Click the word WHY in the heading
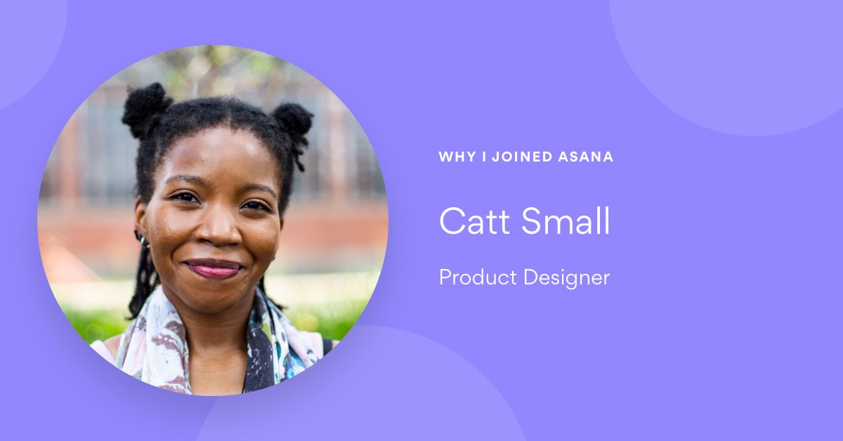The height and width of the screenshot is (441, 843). point(457,157)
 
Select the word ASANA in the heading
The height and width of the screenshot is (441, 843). point(587,157)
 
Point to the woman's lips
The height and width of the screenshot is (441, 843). point(213,268)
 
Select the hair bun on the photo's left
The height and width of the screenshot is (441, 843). point(145,107)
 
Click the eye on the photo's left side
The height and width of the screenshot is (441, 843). point(185,198)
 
